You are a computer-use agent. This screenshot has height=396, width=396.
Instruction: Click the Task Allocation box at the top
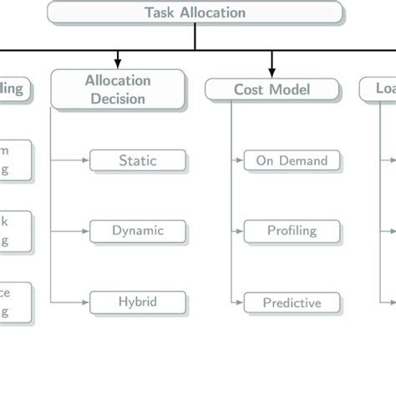[195, 13]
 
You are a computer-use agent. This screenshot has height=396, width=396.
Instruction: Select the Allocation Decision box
[117, 89]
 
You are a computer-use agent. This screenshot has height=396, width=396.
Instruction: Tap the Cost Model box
[272, 89]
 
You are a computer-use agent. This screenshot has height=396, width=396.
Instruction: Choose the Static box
[137, 160]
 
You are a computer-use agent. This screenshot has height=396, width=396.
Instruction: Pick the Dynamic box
[137, 231]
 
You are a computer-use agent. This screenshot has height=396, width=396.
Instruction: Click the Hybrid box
[137, 302]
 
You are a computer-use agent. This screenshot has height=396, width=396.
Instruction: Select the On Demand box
[292, 160]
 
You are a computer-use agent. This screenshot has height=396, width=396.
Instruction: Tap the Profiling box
[292, 231]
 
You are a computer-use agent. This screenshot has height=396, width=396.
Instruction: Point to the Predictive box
[292, 302]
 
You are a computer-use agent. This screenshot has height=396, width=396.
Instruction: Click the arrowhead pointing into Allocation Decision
[118, 63]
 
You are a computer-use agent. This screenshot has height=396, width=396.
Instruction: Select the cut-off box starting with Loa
[378, 89]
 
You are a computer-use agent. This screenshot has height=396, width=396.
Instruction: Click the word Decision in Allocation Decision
[117, 99]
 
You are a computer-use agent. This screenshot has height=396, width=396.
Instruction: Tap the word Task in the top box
[160, 13]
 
